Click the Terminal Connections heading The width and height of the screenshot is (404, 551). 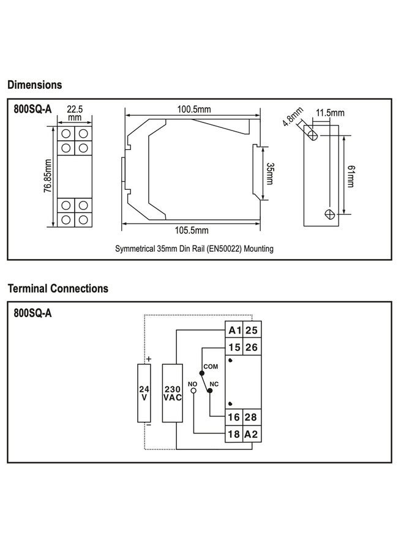[x=58, y=288]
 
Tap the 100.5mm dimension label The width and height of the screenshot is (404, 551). [x=194, y=109]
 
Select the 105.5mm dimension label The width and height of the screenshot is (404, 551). [x=192, y=231]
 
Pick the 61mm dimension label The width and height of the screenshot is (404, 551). [x=350, y=177]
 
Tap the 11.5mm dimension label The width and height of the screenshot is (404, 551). [x=330, y=113]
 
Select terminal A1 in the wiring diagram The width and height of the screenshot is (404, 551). [x=234, y=331]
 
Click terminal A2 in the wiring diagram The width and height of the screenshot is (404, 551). [x=251, y=434]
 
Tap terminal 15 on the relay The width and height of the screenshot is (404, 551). [x=234, y=347]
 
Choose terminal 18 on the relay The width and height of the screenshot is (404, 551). [x=234, y=434]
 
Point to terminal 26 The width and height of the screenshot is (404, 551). [x=251, y=347]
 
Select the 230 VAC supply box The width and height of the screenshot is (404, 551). [x=171, y=392]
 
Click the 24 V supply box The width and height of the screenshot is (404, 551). [x=144, y=392]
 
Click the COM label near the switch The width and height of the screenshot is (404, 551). [x=211, y=366]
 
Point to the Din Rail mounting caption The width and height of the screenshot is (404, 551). [x=194, y=249]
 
